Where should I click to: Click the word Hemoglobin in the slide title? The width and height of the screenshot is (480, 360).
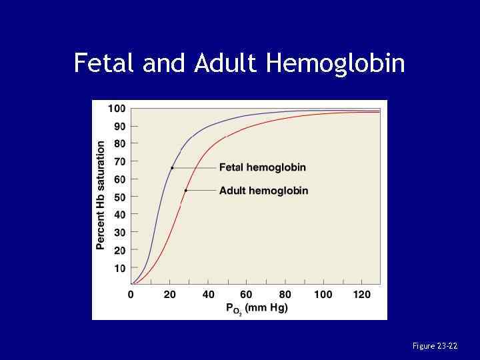point(335,64)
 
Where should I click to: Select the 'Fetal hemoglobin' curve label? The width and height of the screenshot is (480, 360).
point(263,167)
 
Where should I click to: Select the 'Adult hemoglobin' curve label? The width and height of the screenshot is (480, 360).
point(264,191)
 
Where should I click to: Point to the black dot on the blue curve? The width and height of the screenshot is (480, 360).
point(172,168)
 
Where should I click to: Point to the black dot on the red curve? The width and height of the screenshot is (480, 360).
point(186,191)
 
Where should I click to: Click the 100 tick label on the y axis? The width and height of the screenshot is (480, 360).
point(117,108)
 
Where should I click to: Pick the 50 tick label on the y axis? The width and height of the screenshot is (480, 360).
point(119,197)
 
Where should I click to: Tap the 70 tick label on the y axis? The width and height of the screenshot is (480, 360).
point(119,161)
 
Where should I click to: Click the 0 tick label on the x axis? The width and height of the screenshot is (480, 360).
point(131,295)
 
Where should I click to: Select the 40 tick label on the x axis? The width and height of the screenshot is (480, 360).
point(208,295)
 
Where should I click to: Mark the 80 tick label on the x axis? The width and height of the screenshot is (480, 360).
point(285,295)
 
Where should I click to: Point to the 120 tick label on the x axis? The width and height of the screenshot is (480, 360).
point(361,295)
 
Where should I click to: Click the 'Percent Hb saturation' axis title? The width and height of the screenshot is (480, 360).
point(101,195)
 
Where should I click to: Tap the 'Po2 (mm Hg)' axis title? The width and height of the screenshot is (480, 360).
point(257,309)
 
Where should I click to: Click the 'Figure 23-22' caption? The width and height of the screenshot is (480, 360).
point(435,346)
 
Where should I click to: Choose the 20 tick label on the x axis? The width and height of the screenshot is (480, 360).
point(169,295)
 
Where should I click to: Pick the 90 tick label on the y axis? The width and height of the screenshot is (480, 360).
point(119,126)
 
